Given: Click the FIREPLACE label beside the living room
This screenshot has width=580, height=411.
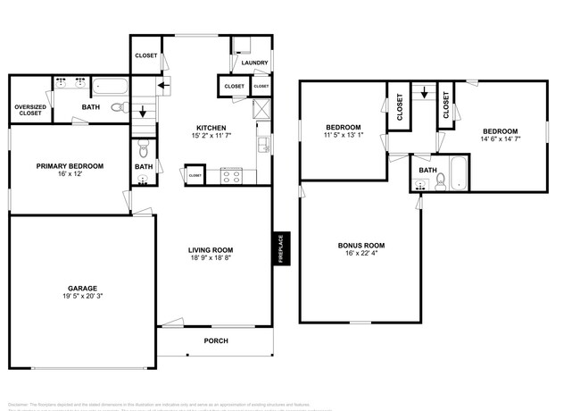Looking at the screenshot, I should (278, 247).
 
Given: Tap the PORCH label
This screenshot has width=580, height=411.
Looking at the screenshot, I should (216, 340).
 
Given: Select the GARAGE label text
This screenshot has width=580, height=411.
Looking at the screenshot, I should (82, 288).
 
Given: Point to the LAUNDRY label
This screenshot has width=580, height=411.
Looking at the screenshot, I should (254, 63).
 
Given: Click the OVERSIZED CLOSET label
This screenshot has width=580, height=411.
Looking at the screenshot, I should (30, 111).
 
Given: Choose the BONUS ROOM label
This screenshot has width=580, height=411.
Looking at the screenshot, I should (360, 245).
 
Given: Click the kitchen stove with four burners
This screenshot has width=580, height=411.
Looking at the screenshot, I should (230, 176).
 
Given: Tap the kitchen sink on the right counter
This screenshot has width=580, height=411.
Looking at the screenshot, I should (261, 144).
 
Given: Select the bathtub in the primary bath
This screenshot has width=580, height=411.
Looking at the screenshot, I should (112, 87).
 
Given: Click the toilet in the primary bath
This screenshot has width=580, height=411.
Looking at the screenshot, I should (118, 109).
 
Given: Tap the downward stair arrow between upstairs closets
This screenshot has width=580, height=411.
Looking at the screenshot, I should (425, 93).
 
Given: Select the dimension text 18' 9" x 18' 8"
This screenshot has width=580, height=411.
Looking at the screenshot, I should (211, 258).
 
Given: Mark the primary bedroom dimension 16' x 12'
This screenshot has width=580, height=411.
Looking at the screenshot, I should (70, 174).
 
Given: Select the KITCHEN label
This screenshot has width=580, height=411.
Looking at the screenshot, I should (211, 128).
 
